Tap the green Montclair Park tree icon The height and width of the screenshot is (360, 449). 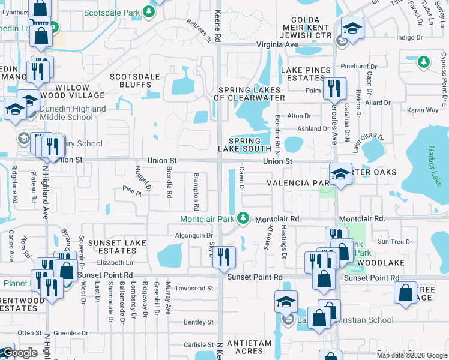coord(243,218)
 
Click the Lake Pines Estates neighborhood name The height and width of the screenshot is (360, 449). coord(306,74)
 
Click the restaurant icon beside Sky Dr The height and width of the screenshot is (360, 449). coord(224,257)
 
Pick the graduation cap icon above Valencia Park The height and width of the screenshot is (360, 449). coord(340,174)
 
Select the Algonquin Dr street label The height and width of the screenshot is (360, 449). coord(194,236)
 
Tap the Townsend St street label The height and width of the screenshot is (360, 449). coord(194,288)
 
